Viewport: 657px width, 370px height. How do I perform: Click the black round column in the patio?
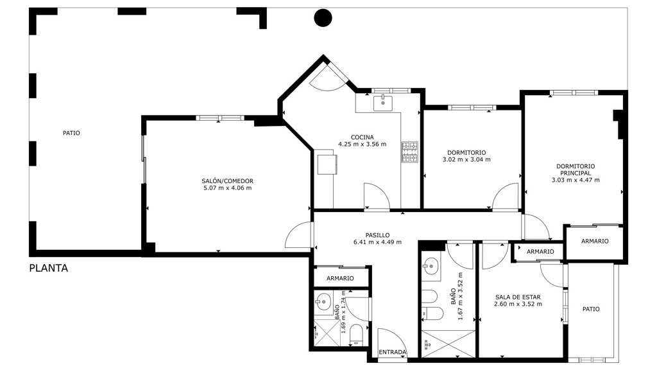323,17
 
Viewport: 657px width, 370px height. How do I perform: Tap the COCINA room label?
362,137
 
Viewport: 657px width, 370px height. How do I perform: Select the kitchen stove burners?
410,152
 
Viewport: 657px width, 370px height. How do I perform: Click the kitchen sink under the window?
382,102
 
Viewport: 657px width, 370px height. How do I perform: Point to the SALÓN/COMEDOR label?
228,181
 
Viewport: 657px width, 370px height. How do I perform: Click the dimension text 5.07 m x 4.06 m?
228,188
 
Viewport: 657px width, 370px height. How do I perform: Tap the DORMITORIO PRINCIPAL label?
576,170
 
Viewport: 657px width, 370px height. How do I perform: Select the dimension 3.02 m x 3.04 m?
466,159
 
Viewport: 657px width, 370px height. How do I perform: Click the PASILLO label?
377,235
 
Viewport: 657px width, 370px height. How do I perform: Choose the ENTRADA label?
393,352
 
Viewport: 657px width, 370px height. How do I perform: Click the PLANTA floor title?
49,268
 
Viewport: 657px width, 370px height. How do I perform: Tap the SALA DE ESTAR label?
518,297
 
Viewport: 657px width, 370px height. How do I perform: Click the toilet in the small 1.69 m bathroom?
356,334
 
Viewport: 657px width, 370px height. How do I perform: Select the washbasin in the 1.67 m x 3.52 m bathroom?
430,266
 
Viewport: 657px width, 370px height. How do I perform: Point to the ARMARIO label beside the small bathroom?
340,278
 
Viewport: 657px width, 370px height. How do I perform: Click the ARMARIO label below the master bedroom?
595,242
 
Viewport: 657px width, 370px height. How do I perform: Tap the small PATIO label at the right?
591,309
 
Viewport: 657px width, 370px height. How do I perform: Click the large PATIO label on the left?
71,133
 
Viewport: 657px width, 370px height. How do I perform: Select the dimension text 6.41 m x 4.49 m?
377,242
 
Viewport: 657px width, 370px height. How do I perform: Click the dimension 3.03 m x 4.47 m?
576,180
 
